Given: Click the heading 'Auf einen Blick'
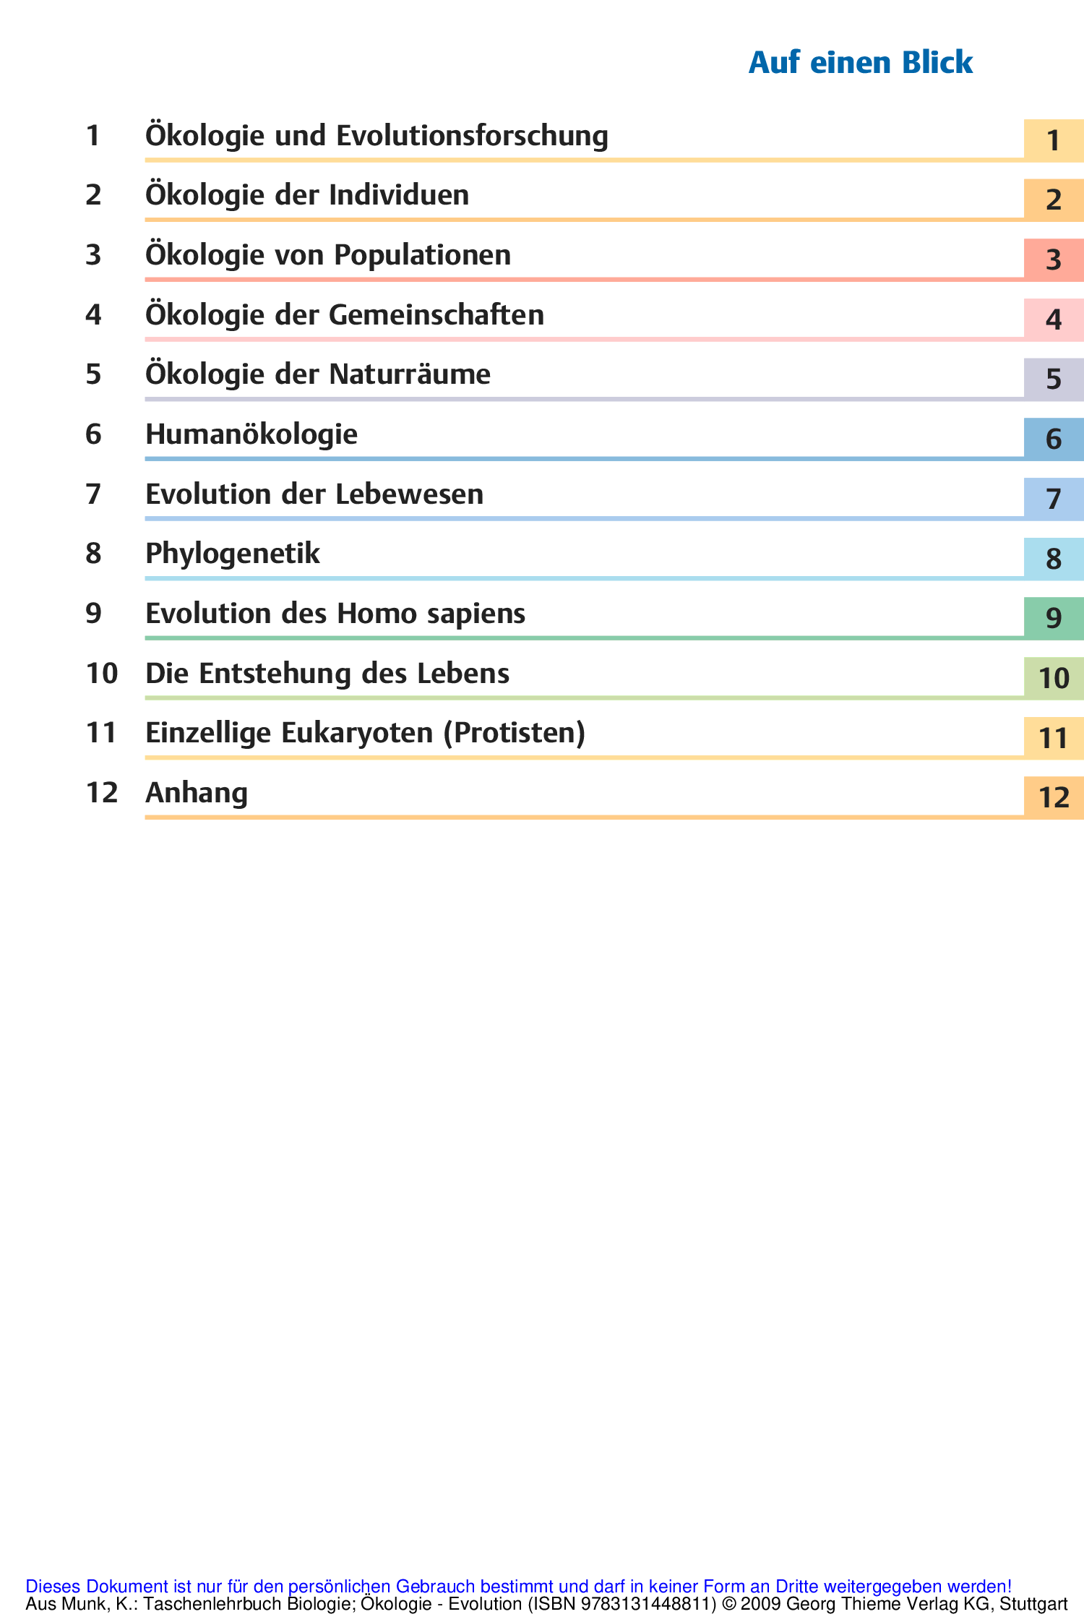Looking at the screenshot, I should click(860, 63).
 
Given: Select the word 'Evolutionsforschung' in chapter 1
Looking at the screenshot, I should click(472, 137).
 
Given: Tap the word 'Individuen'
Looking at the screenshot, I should click(399, 196).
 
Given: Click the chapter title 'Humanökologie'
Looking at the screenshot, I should click(251, 435).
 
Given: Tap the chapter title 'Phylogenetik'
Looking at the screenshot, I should click(233, 554).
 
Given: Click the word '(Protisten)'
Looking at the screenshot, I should click(514, 734).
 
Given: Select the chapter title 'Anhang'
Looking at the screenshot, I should click(197, 794).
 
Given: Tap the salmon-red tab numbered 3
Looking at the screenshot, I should click(1053, 259).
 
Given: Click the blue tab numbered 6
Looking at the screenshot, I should click(1053, 439).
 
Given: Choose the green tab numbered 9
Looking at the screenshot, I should click(1053, 618).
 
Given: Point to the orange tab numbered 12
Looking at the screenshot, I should click(1053, 797).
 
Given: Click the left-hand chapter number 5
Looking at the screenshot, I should click(93, 375).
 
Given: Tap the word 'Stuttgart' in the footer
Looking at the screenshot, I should click(1033, 1604).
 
